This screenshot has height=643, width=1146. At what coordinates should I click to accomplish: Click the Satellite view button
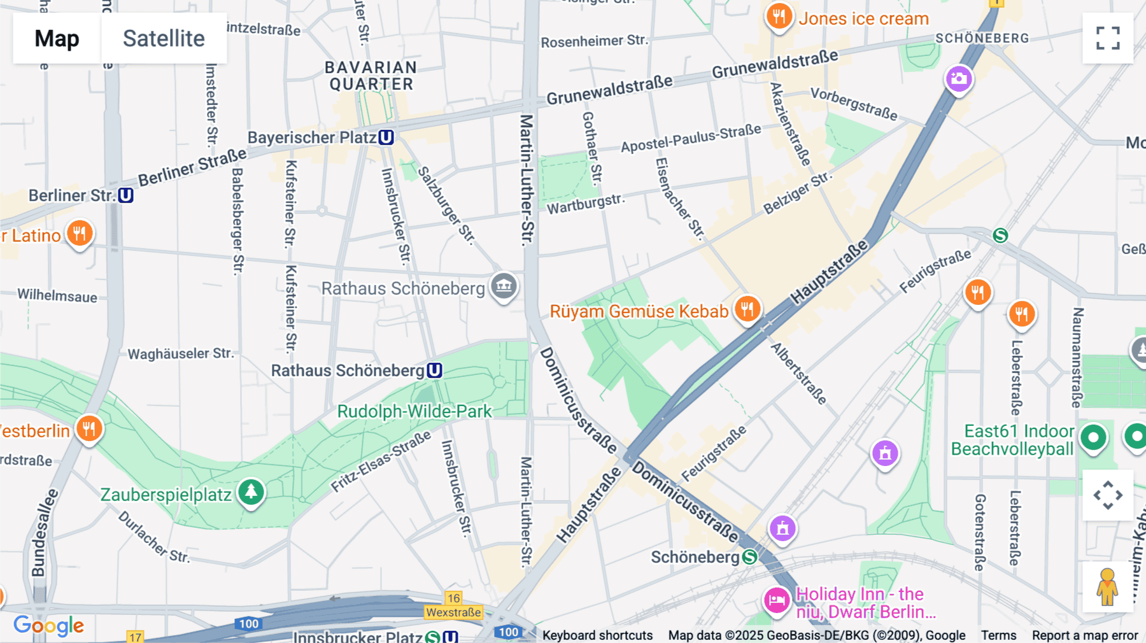(x=164, y=38)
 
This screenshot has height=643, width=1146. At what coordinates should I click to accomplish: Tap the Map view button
(x=57, y=38)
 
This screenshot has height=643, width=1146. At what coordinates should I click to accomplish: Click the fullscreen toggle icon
(x=1108, y=38)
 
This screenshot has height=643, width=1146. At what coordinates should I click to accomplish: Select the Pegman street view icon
(x=1107, y=586)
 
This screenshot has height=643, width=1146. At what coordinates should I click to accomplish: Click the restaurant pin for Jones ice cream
(x=779, y=16)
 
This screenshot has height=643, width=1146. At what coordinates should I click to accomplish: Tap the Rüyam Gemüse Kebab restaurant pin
(x=747, y=309)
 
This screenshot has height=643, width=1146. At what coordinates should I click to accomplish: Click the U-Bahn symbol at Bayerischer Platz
(x=386, y=138)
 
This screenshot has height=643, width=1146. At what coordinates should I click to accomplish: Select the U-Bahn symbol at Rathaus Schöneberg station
(x=434, y=371)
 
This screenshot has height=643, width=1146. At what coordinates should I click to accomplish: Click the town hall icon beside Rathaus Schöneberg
(x=504, y=286)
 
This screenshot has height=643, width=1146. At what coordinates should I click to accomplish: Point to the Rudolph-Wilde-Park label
(x=414, y=411)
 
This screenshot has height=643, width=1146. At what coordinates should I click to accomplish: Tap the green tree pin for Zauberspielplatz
(x=251, y=491)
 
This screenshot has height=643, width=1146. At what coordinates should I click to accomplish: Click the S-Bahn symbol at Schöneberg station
(x=750, y=557)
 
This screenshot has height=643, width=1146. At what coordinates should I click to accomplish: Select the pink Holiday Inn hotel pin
(x=777, y=599)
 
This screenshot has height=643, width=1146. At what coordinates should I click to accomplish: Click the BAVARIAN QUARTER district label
(x=371, y=76)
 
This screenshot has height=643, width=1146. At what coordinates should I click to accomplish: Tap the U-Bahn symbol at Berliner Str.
(x=125, y=195)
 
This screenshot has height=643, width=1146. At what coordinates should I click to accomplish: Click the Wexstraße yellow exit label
(x=453, y=612)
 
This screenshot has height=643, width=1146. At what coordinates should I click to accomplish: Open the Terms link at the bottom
(x=998, y=635)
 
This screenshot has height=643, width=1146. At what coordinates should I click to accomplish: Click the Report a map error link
(x=1085, y=635)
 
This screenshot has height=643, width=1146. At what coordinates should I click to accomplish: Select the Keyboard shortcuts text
(x=597, y=635)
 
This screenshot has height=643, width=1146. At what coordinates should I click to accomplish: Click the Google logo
(x=48, y=626)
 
